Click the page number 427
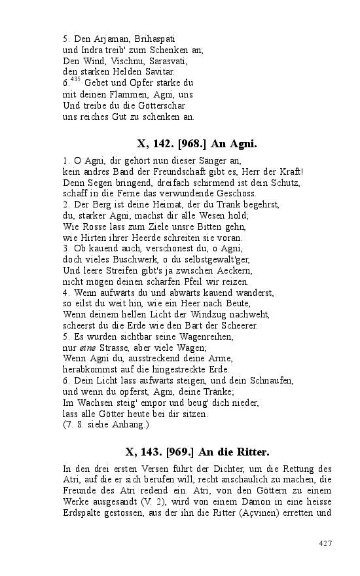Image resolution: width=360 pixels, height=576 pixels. [x=326, y=543]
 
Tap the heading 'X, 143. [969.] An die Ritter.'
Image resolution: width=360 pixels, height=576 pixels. [x=197, y=452]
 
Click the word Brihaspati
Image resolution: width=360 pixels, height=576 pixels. [x=155, y=39]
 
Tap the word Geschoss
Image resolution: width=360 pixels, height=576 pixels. [x=237, y=193]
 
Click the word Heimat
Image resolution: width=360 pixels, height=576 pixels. [x=144, y=204]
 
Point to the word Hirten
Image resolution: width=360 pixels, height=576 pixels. [x=91, y=238]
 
